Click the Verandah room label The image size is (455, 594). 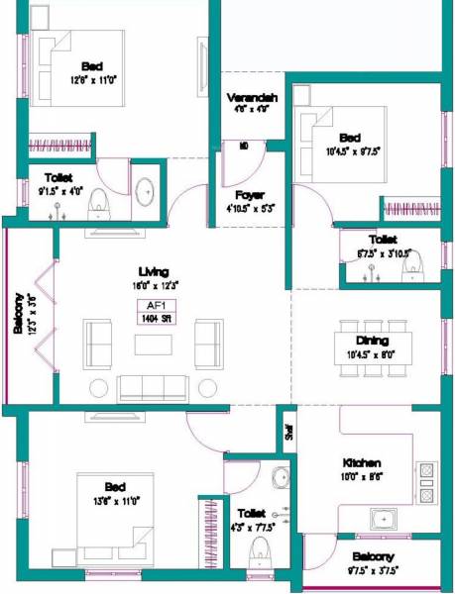[x=252, y=98]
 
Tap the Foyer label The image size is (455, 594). [x=249, y=194]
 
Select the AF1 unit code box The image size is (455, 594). [x=154, y=305]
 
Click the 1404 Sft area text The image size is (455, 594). [x=154, y=319]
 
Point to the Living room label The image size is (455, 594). [x=154, y=270]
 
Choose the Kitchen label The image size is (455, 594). [x=363, y=462]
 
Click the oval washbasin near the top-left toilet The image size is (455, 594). [x=147, y=191]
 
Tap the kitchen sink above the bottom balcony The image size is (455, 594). [x=383, y=517]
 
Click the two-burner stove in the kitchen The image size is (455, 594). [x=426, y=482]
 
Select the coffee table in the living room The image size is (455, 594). [x=154, y=345]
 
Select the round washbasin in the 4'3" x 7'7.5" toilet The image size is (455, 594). [x=282, y=479]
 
